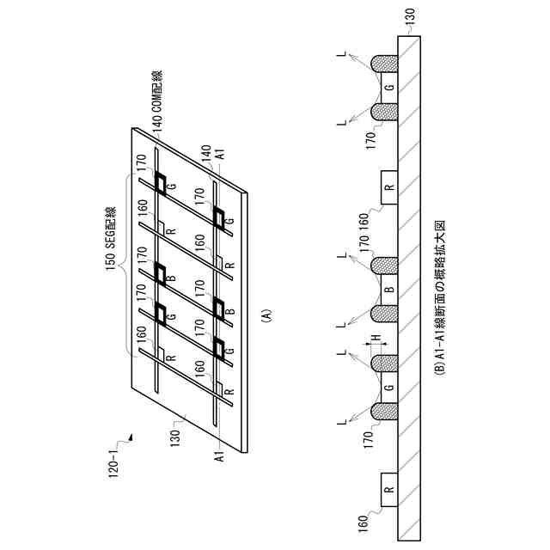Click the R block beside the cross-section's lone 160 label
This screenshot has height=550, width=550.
click(389, 494)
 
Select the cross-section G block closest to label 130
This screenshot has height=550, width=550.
click(389, 87)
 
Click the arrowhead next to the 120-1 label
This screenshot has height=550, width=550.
click(131, 438)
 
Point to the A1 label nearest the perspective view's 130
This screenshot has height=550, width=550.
click(220, 456)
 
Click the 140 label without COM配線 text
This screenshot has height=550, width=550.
click(205, 150)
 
